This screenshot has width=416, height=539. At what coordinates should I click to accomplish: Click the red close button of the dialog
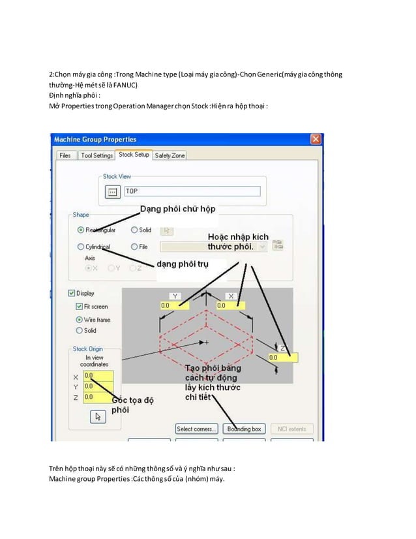point(316,140)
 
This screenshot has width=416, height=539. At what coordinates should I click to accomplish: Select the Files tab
point(65,156)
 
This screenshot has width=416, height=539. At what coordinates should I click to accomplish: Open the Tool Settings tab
point(97,156)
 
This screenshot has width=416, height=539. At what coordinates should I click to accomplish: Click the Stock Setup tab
point(134,155)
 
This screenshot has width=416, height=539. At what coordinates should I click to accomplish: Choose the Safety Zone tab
point(170,156)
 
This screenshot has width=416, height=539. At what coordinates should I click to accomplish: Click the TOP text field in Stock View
point(192,191)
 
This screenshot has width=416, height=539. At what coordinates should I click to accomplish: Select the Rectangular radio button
point(81,230)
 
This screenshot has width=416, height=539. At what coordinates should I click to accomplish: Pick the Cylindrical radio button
point(81,247)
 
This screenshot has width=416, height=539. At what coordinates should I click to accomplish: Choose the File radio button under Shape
point(134,247)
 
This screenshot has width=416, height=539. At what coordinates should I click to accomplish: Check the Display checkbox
point(72,294)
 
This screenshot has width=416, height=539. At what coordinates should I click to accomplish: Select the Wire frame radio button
point(79,320)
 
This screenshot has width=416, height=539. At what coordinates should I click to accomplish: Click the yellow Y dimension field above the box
point(174,305)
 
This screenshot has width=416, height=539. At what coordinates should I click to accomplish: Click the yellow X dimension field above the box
point(230,305)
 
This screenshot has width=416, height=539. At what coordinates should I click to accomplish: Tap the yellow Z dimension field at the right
point(282,358)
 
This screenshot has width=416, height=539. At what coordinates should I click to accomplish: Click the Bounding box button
point(243,429)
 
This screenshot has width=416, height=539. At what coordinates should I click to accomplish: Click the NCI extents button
point(291,429)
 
